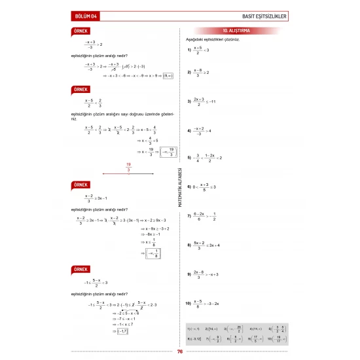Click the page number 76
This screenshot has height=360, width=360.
tap(179, 351)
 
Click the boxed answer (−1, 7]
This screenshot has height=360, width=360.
tap(120, 332)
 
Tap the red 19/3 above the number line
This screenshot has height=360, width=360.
tap(128, 167)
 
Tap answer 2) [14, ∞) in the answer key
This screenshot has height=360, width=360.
tap(212, 327)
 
